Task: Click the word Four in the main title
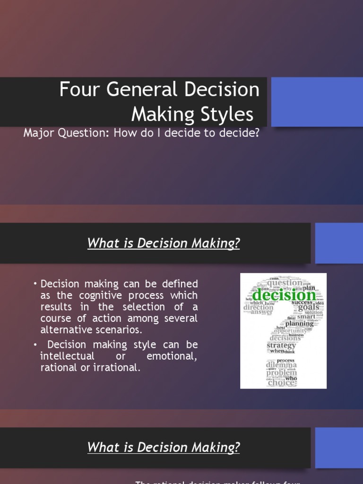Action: click(75, 90)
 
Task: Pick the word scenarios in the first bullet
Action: click(121, 329)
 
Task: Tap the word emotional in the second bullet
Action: click(172, 356)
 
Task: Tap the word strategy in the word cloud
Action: click(281, 346)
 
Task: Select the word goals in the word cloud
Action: click(309, 308)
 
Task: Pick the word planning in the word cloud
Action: click(300, 324)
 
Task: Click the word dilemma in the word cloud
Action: click(281, 365)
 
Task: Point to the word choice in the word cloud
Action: click(282, 383)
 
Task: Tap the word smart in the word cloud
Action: click(306, 316)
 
